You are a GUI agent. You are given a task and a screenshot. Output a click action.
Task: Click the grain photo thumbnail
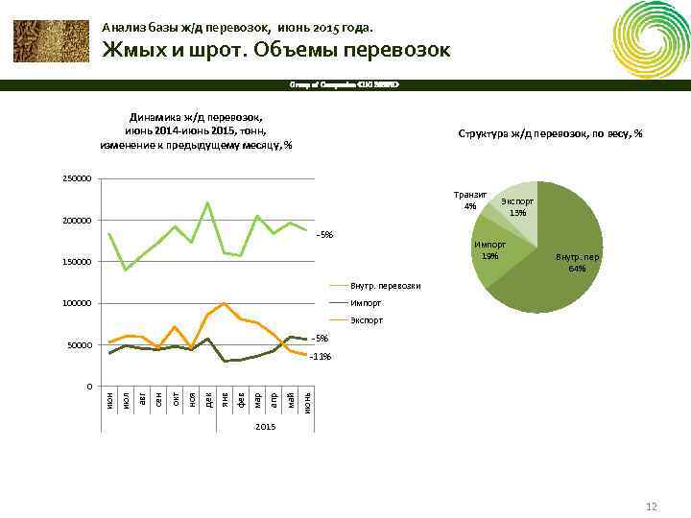click(49, 40)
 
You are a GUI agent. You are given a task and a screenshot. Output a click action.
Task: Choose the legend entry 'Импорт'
click(366, 303)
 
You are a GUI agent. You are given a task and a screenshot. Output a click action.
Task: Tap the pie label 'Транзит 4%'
click(469, 200)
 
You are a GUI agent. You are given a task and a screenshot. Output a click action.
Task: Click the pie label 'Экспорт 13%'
click(518, 207)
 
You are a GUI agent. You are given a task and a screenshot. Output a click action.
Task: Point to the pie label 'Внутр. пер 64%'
click(577, 263)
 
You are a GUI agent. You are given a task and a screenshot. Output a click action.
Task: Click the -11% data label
click(321, 357)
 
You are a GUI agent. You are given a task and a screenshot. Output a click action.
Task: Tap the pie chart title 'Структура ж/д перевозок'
click(550, 133)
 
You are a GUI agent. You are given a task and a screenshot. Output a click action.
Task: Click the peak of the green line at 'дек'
click(208, 202)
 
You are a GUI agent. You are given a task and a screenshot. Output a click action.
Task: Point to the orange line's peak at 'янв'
click(225, 303)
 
